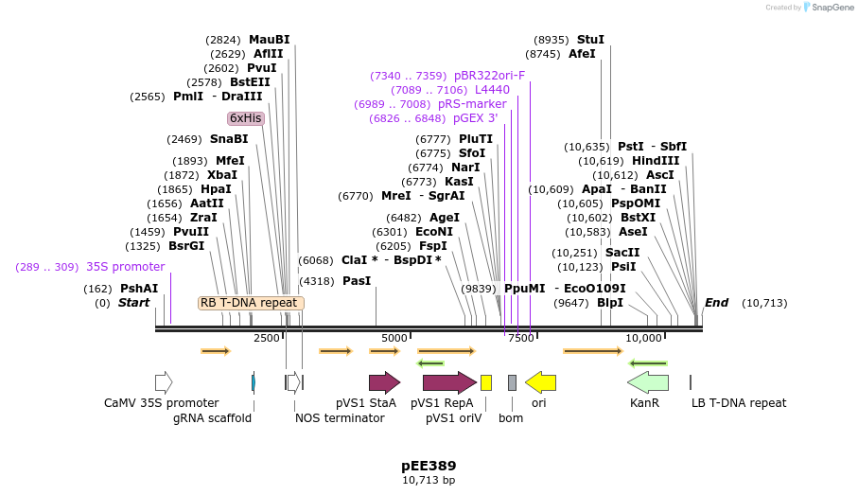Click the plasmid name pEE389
(x=429, y=466)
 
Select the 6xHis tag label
(x=245, y=118)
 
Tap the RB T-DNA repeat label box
(x=251, y=303)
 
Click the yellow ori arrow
(x=540, y=382)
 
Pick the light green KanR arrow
(x=648, y=382)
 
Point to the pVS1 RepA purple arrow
(x=449, y=382)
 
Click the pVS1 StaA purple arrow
(x=384, y=382)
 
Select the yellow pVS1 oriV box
(x=486, y=382)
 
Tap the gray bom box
(x=512, y=382)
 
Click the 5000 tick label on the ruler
(x=394, y=338)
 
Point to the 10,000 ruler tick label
(x=643, y=338)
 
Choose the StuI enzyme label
(x=589, y=40)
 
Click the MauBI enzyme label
(x=269, y=40)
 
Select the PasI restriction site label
(x=357, y=281)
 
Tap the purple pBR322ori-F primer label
(x=489, y=76)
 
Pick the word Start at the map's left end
(x=133, y=303)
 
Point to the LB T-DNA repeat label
(x=738, y=402)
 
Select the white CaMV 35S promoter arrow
(x=164, y=382)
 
